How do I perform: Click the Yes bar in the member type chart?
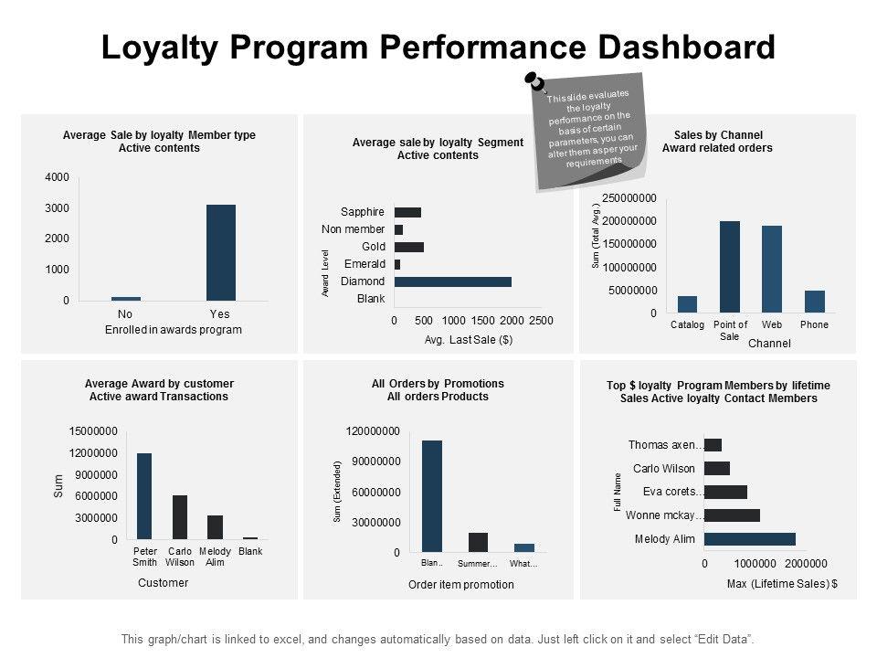[220, 252]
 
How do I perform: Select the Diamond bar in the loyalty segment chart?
[452, 281]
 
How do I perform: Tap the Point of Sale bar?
[730, 266]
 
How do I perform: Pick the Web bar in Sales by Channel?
[772, 269]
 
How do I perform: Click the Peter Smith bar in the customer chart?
[143, 495]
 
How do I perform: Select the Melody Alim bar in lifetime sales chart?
[749, 539]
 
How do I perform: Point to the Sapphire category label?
[363, 212]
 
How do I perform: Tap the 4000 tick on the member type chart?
[58, 176]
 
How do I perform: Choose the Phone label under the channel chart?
[814, 324]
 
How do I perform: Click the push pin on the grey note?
[535, 83]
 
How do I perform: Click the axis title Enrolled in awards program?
[174, 330]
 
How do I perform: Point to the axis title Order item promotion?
[460, 585]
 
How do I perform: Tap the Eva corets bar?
[725, 492]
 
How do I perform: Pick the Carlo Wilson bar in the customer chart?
[180, 516]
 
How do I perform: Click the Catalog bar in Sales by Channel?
[687, 304]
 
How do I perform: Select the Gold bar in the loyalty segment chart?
[408, 247]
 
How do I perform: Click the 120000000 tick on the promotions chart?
[373, 430]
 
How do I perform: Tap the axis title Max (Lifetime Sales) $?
[782, 583]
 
